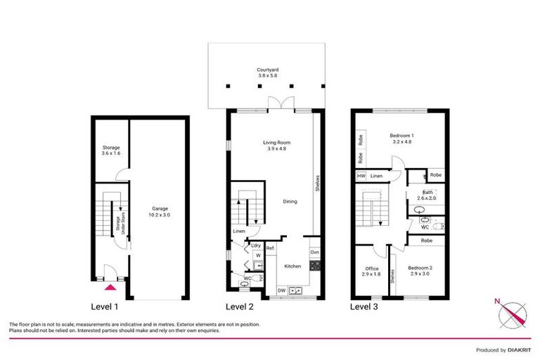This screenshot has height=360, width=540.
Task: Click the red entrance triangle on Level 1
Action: click(x=109, y=286)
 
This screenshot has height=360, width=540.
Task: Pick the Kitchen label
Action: click(x=292, y=266)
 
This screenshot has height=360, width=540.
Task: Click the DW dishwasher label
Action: click(x=281, y=290)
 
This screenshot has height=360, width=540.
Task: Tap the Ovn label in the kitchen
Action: click(x=314, y=252)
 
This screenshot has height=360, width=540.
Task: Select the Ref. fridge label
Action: click(x=270, y=247)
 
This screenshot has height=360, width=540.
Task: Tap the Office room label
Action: click(x=372, y=269)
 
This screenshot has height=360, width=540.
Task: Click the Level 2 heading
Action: click(x=239, y=307)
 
